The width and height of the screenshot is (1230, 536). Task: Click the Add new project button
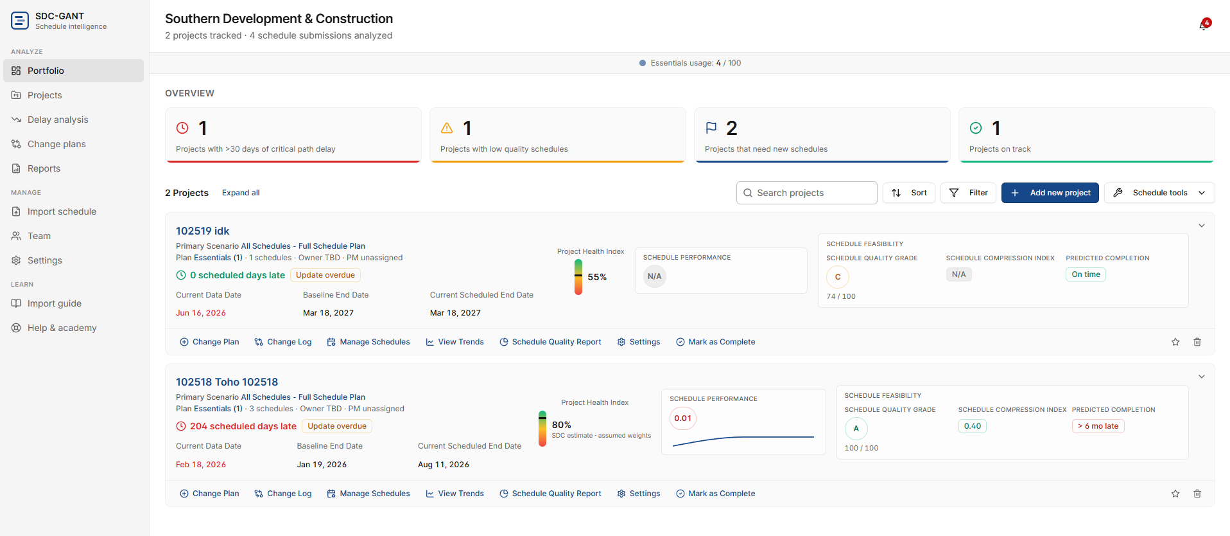pyautogui.click(x=1050, y=193)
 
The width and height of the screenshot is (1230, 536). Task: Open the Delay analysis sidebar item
pyautogui.click(x=58, y=120)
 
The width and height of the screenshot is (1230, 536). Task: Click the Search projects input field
pyautogui.click(x=807, y=193)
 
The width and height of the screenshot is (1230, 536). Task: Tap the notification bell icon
pyautogui.click(x=1204, y=25)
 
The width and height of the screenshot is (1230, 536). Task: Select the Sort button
pyautogui.click(x=909, y=193)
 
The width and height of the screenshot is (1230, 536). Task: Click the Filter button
pyautogui.click(x=968, y=193)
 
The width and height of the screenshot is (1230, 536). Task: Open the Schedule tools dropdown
pyautogui.click(x=1159, y=193)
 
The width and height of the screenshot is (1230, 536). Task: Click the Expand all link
pyautogui.click(x=241, y=193)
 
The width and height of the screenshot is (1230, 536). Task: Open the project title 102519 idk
pyautogui.click(x=202, y=231)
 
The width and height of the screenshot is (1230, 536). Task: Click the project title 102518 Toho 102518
pyautogui.click(x=227, y=382)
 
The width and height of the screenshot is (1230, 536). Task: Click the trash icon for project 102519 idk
pyautogui.click(x=1197, y=342)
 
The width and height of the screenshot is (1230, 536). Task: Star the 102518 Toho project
pyautogui.click(x=1175, y=494)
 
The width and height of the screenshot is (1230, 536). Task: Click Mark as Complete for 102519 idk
pyautogui.click(x=716, y=342)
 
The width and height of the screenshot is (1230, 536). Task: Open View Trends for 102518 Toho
pyautogui.click(x=455, y=494)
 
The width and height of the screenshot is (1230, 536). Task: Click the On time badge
pyautogui.click(x=1086, y=274)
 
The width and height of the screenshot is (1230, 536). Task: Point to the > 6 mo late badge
pyautogui.click(x=1098, y=426)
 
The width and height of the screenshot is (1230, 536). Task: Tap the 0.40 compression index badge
pyautogui.click(x=973, y=426)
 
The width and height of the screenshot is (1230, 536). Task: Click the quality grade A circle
pyautogui.click(x=856, y=429)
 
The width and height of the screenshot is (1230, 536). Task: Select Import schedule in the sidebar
pyautogui.click(x=62, y=211)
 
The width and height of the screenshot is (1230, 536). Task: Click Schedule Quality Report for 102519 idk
pyautogui.click(x=550, y=342)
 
